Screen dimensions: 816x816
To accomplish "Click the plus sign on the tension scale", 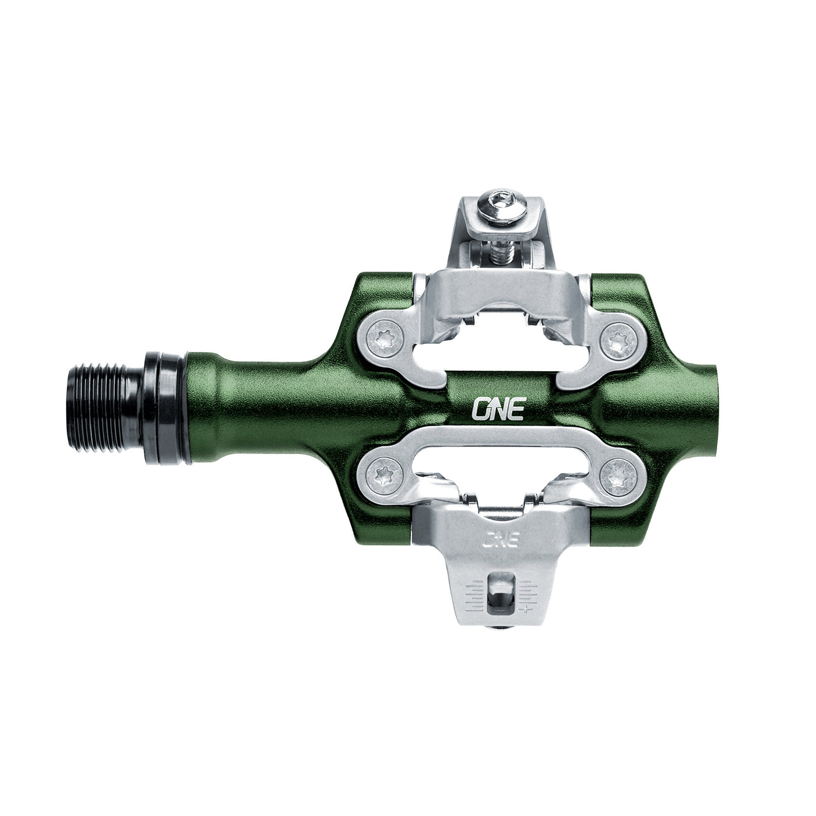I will (x=527, y=610).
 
